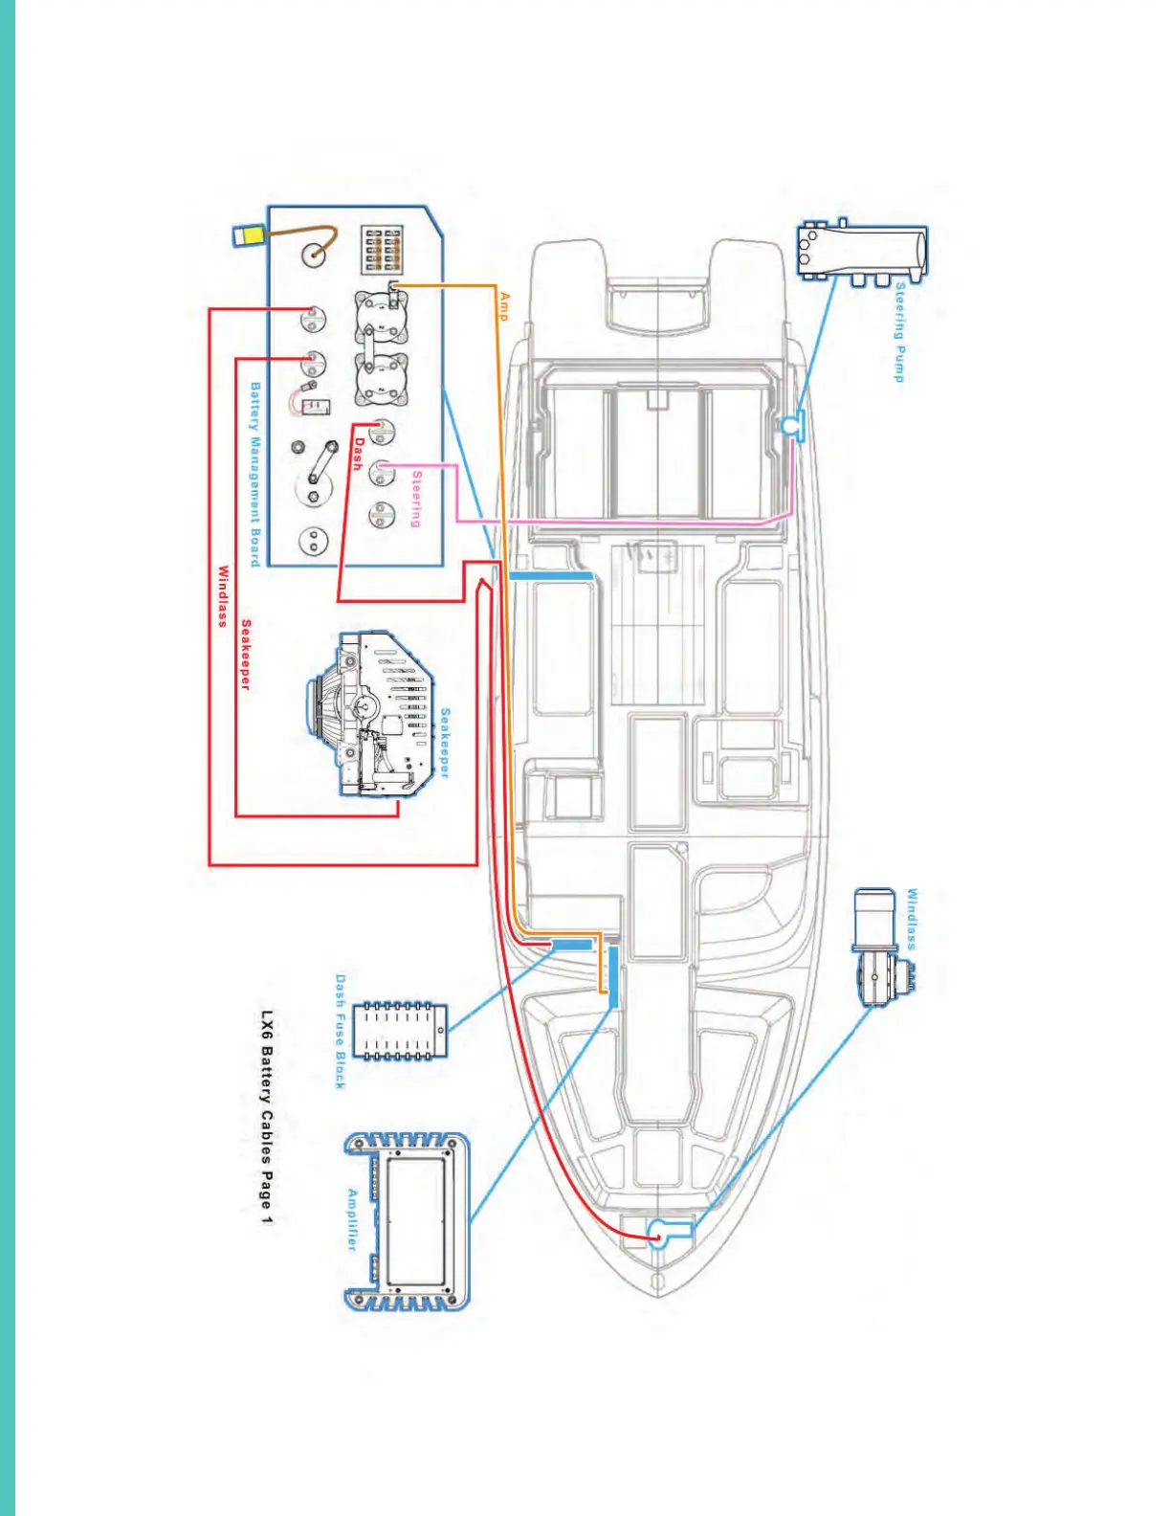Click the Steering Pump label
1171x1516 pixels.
pyautogui.click(x=899, y=331)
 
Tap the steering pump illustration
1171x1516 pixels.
pyautogui.click(x=861, y=252)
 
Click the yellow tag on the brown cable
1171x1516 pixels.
pyautogui.click(x=249, y=235)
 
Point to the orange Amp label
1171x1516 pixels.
pyautogui.click(x=504, y=306)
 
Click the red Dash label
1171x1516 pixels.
pyautogui.click(x=358, y=454)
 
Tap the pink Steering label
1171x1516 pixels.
pyautogui.click(x=416, y=499)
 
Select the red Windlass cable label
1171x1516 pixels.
pyautogui.click(x=223, y=595)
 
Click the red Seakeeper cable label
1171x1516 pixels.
pyautogui.click(x=246, y=655)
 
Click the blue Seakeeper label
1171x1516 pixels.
pyautogui.click(x=445, y=743)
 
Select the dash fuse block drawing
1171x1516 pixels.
pyautogui.click(x=400, y=1031)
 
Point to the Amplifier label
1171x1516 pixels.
pyautogui.click(x=352, y=1220)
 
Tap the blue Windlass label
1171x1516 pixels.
pyautogui.click(x=912, y=919)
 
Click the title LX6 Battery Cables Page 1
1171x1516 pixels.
pyautogui.click(x=267, y=1116)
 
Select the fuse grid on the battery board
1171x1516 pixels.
pyautogui.click(x=383, y=248)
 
